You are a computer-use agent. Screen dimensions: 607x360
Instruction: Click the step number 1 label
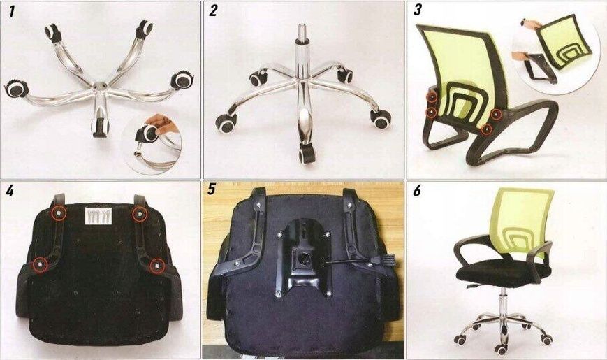[x=12, y=11]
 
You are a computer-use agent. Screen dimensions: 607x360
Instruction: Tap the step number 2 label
[x=213, y=11]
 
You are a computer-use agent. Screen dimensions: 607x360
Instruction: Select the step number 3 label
[x=417, y=10]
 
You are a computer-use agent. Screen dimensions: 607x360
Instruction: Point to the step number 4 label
[x=10, y=190]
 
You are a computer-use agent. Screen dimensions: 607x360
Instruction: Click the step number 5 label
[x=212, y=189]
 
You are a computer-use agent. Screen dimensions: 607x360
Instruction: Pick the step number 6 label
[x=416, y=190]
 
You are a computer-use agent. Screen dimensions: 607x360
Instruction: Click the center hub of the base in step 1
[x=99, y=86]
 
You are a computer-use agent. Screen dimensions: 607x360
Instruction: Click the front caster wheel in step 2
[x=307, y=154]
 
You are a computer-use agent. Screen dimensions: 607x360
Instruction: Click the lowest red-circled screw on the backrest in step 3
[x=486, y=129]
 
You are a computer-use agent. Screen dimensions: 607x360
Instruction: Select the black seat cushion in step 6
[x=502, y=272]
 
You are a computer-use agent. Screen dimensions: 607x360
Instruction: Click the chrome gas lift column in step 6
[x=504, y=302]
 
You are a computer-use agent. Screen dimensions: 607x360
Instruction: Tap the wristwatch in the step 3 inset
[x=525, y=22]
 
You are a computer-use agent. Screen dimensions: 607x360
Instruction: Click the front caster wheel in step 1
[x=99, y=127]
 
